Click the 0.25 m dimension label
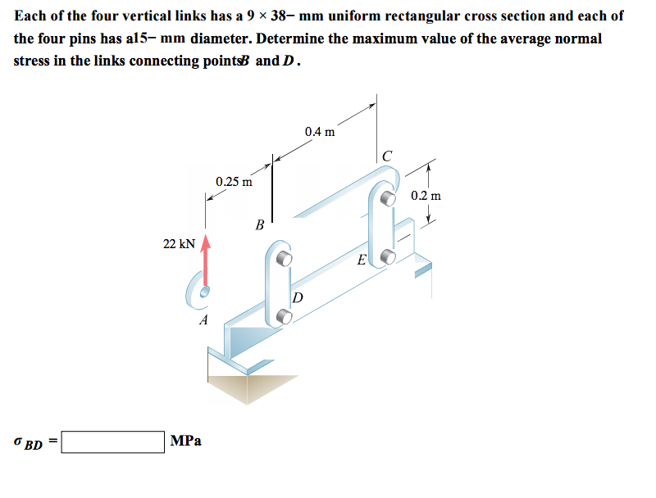pyautogui.click(x=234, y=181)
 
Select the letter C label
pyautogui.click(x=387, y=156)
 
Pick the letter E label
pyautogui.click(x=361, y=261)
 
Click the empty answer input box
pyautogui.click(x=112, y=442)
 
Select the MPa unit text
pyautogui.click(x=187, y=441)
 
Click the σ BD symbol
pyautogui.click(x=29, y=442)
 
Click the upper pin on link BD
pyautogui.click(x=284, y=258)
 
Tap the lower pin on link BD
pyautogui.click(x=285, y=314)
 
